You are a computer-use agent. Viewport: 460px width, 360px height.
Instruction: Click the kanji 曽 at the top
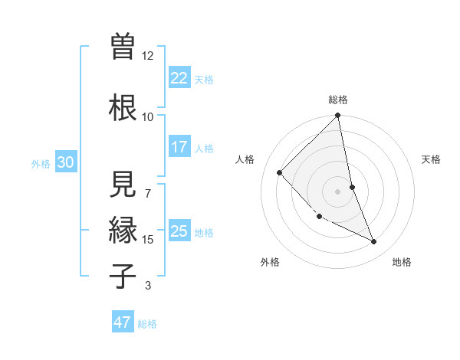pos(122,47)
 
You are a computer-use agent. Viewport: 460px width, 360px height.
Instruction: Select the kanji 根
pos(122,106)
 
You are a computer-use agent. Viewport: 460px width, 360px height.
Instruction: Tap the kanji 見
pos(122,183)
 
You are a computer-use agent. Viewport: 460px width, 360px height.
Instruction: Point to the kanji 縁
pos(122,231)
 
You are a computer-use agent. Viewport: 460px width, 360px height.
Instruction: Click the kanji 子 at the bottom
pos(122,275)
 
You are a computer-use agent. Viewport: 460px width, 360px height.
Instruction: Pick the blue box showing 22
pos(179,78)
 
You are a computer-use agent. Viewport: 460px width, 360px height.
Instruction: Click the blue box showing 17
pos(179,147)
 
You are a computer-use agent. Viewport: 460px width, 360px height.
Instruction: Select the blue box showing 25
pos(179,231)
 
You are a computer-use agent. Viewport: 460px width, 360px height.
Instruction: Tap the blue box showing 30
pos(65,162)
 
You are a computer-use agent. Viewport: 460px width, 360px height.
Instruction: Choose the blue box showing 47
pos(122,322)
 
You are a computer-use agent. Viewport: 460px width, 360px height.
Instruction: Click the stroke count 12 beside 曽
pos(148,56)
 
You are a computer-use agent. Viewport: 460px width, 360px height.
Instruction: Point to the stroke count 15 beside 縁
pos(148,240)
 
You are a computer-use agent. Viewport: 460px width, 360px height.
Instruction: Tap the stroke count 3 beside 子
pos(147,286)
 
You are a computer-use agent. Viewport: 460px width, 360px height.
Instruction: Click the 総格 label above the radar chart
pos(338,100)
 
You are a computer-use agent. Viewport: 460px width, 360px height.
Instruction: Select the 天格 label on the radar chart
pos(432,159)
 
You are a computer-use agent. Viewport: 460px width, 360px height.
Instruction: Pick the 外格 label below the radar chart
pos(270,262)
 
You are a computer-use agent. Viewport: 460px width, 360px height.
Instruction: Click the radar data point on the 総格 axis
pos(338,116)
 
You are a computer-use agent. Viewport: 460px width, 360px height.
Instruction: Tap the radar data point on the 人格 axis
pos(280,172)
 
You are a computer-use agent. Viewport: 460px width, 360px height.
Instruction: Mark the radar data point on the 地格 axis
pos(373,241)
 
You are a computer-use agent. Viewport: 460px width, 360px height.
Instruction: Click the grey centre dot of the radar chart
pos(338,191)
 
